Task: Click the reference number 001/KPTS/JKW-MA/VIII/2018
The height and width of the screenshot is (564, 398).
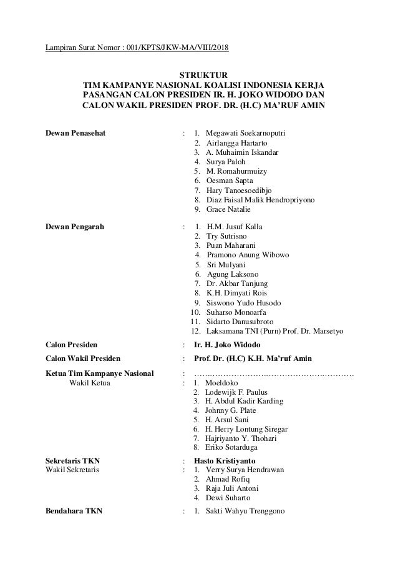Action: coord(181,49)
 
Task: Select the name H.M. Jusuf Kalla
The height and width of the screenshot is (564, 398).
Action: coord(235,227)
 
